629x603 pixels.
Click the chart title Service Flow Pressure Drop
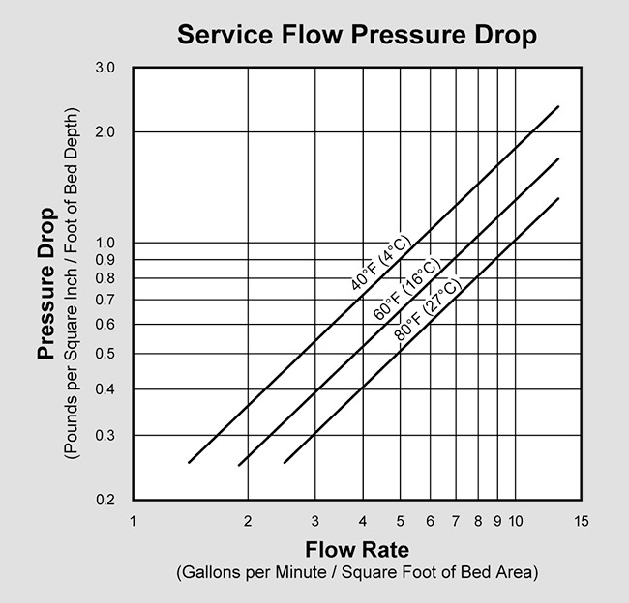pos(355,36)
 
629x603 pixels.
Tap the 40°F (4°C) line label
pos(381,260)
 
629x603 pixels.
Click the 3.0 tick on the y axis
pos(105,69)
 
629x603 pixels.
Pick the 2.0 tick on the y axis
pos(105,131)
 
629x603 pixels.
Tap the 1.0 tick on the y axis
pos(105,243)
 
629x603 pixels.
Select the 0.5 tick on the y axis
pos(105,354)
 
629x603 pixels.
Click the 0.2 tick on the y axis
pos(105,500)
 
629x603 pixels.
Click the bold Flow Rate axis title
pos(355,551)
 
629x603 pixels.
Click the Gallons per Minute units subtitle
pos(355,573)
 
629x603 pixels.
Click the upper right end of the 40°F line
pos(558,107)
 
